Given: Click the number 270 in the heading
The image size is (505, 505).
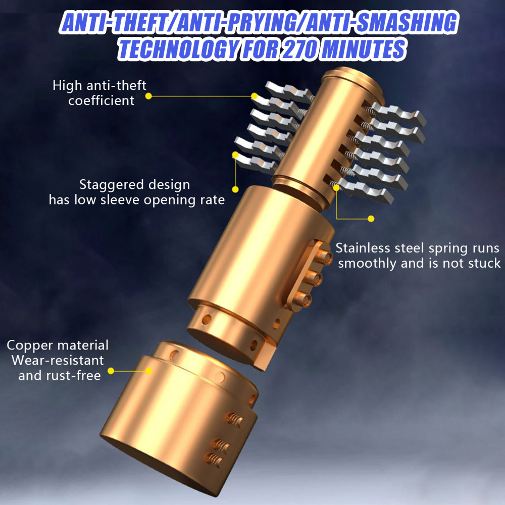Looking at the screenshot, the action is click(x=298, y=49).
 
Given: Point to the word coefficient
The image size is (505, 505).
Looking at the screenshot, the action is click(x=101, y=100).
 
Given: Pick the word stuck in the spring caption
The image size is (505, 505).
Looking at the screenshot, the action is click(x=484, y=263).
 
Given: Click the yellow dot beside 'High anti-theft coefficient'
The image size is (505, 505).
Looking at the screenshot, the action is click(x=148, y=96).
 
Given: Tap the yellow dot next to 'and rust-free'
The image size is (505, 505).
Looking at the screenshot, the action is click(x=111, y=371).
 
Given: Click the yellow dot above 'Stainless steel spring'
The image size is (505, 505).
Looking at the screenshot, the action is click(x=371, y=219).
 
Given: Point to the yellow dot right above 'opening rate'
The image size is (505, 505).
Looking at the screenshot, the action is click(x=235, y=189).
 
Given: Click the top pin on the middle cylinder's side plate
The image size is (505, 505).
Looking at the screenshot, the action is click(x=324, y=257).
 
